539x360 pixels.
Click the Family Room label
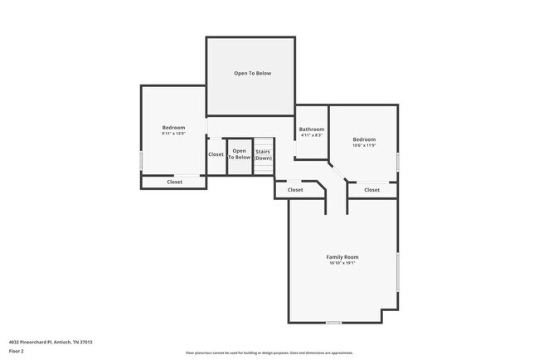click(342, 257)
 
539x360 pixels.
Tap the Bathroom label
click(312, 129)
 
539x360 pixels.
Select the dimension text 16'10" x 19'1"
click(342, 264)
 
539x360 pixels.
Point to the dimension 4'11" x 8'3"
click(312, 136)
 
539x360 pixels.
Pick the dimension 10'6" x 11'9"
click(364, 145)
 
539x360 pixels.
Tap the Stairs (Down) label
click(263, 154)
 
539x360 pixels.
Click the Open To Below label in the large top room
click(252, 73)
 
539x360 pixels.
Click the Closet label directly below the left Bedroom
click(175, 182)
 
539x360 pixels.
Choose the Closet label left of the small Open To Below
click(216, 154)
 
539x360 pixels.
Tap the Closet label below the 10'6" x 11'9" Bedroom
click(371, 190)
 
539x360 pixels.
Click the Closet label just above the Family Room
click(295, 190)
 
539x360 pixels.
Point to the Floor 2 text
click(17, 351)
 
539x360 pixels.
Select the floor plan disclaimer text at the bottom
click(269, 352)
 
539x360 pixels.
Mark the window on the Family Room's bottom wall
click(333, 323)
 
